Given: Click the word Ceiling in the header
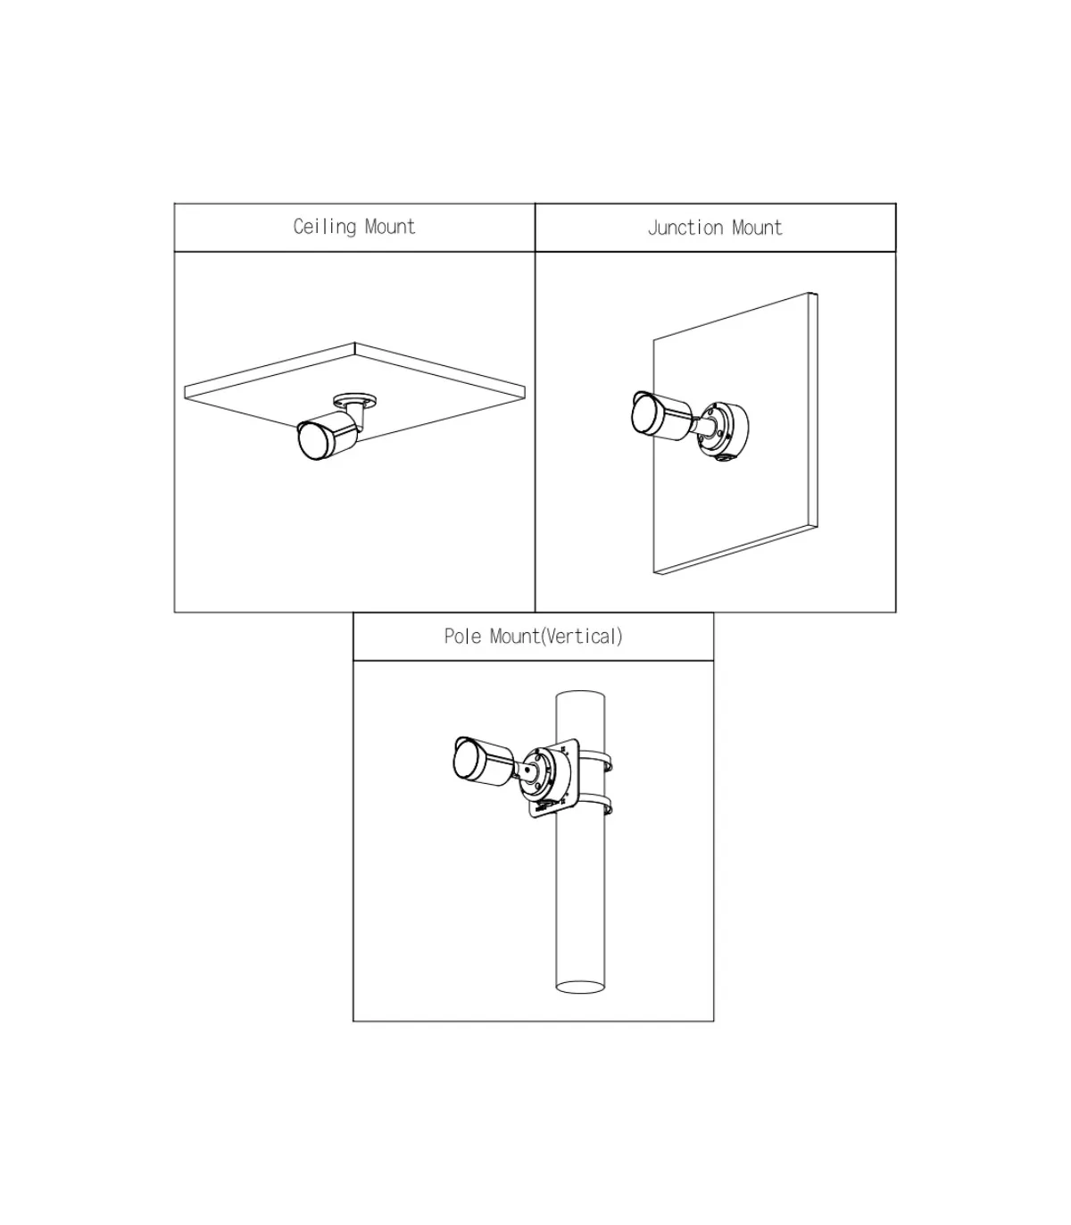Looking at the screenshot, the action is [x=325, y=227].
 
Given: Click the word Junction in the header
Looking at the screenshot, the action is [x=685, y=228].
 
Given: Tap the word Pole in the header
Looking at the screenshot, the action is [x=462, y=636].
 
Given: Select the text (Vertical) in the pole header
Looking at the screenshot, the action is [x=582, y=636].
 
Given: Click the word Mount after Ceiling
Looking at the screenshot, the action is [x=390, y=227].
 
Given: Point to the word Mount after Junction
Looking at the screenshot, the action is [x=758, y=228].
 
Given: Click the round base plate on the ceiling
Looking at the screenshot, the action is [x=355, y=400].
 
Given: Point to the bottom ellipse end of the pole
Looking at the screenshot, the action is [x=580, y=987].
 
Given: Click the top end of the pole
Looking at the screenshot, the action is [x=580, y=697].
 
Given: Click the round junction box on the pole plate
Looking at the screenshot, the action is [x=545, y=777].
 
